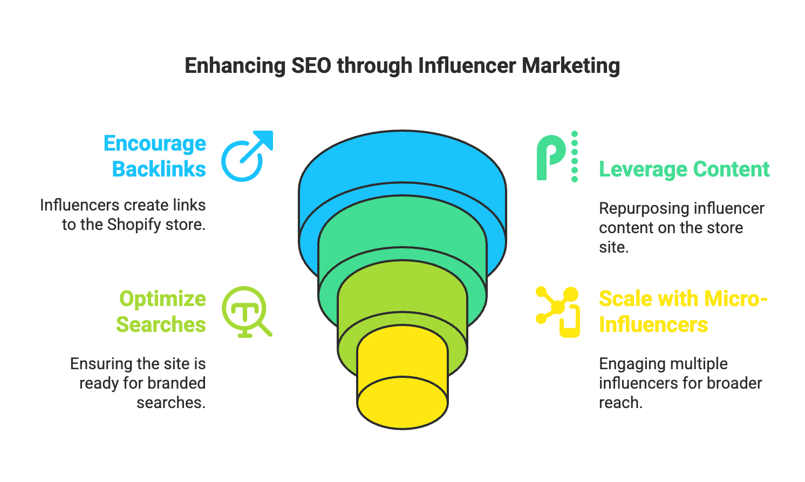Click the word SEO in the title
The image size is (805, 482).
[x=311, y=66]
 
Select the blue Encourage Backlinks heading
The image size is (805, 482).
[x=155, y=156]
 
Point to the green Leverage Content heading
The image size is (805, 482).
[x=684, y=169]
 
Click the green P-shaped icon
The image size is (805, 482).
[x=556, y=157]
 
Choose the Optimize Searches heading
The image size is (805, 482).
[x=161, y=311]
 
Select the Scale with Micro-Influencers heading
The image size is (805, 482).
[x=683, y=311]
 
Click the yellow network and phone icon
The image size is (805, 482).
[x=558, y=312]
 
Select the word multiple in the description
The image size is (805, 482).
[x=701, y=364]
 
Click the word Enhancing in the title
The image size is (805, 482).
[x=235, y=66]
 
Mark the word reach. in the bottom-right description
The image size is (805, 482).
[x=620, y=403]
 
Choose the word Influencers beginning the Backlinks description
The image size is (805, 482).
[x=79, y=205]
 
